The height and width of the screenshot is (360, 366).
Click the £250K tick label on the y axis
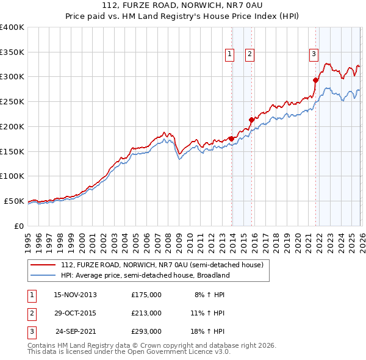point(12,102)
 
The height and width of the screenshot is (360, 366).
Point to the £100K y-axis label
point(12,176)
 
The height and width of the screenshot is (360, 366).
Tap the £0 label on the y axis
point(18,226)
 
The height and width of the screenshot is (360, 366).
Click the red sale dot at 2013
point(231,139)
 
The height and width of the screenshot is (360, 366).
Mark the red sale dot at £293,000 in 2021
point(315,80)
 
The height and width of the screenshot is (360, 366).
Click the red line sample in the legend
point(43,265)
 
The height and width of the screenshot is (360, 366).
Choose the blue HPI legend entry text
point(145,275)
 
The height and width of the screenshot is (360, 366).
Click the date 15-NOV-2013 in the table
point(75,295)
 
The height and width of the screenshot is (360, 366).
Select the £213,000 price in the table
point(146,313)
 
